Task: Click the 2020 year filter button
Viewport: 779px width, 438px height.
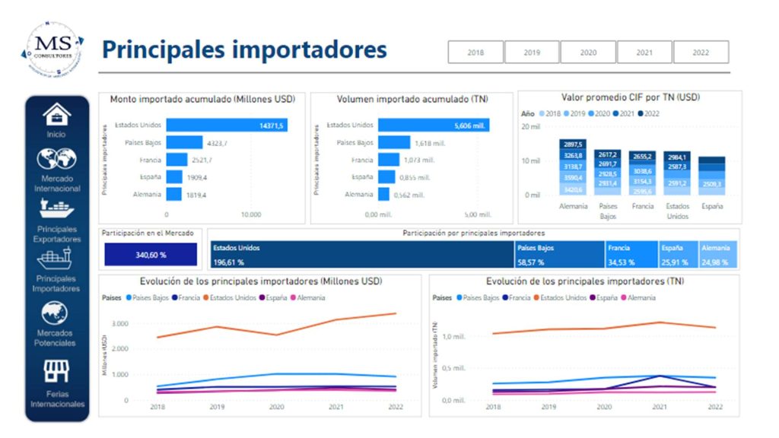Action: (x=588, y=52)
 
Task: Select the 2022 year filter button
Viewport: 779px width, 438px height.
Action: (x=701, y=52)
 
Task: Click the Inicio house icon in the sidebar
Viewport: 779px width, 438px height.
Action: (x=56, y=115)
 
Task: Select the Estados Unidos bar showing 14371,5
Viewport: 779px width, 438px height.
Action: (x=226, y=125)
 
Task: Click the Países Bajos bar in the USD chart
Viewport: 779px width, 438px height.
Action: (x=184, y=142)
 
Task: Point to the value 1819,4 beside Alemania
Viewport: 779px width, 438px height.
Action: (x=196, y=195)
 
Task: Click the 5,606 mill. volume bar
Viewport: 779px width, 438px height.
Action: (x=434, y=125)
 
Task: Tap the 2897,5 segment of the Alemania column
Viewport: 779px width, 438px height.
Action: (x=573, y=144)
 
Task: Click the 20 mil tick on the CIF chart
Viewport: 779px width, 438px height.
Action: (x=531, y=127)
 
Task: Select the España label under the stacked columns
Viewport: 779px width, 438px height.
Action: (x=712, y=206)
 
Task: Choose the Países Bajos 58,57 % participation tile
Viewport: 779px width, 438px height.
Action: (x=559, y=255)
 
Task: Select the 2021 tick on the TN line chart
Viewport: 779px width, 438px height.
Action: (x=660, y=407)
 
